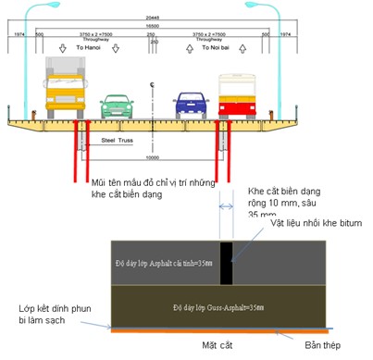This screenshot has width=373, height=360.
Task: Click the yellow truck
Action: (66, 89)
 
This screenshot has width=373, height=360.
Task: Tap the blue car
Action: (190, 105)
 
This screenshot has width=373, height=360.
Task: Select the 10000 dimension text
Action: (152, 157)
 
